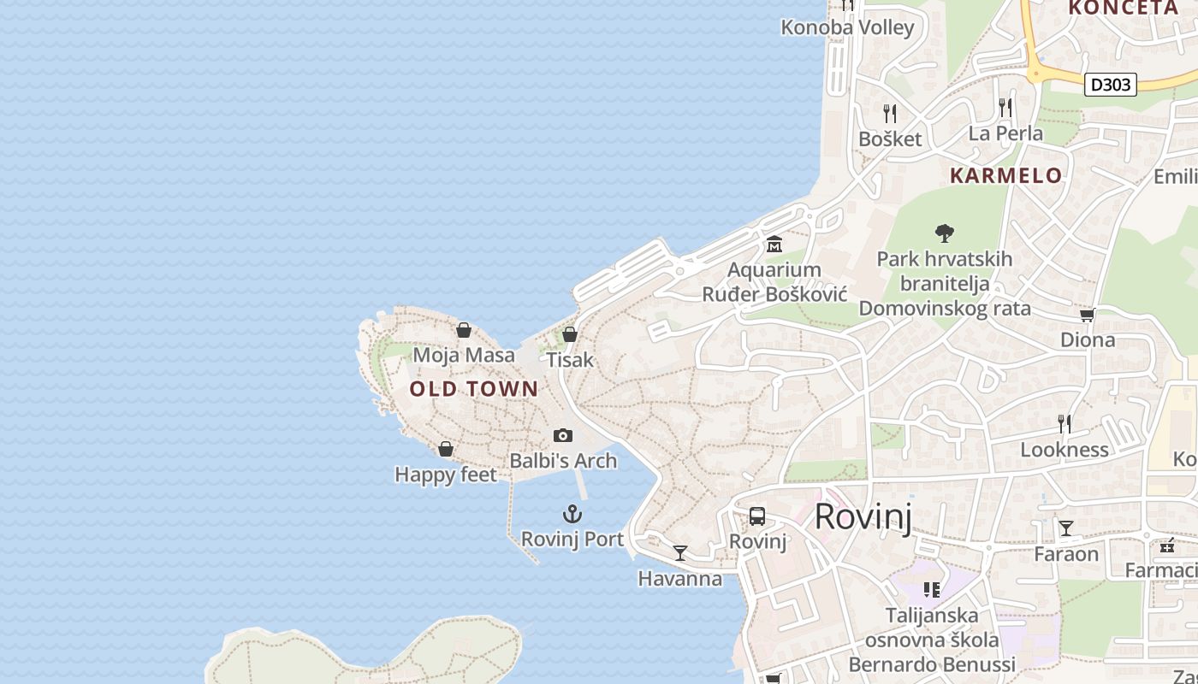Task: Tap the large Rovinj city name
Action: pyautogui.click(x=863, y=516)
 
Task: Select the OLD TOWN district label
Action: pyautogui.click(x=474, y=389)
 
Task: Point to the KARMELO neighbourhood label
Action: pyautogui.click(x=1006, y=176)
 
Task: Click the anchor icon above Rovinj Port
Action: pyautogui.click(x=572, y=514)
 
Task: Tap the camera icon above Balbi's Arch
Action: pyautogui.click(x=562, y=435)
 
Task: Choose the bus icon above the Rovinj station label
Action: pyautogui.click(x=757, y=516)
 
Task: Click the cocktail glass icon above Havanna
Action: pyautogui.click(x=680, y=553)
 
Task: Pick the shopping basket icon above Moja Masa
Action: pyautogui.click(x=464, y=330)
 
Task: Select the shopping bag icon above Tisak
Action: pyautogui.click(x=570, y=334)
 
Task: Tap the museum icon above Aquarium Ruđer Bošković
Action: pyautogui.click(x=774, y=245)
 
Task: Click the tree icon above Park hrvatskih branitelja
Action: pyautogui.click(x=945, y=233)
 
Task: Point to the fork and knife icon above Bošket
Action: pyautogui.click(x=890, y=113)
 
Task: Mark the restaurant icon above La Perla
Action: pyautogui.click(x=1005, y=108)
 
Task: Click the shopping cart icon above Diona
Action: pyautogui.click(x=1088, y=315)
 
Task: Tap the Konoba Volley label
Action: pyautogui.click(x=847, y=27)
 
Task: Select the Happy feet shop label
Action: pyautogui.click(x=446, y=474)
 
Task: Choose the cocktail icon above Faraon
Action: pyautogui.click(x=1066, y=528)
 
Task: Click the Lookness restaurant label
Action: pyautogui.click(x=1064, y=450)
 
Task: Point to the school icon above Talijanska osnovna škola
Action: pyautogui.click(x=932, y=589)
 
